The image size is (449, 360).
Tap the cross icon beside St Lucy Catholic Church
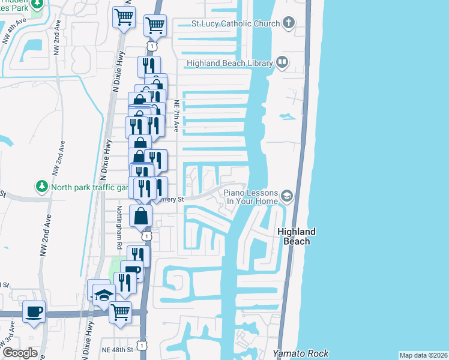click(x=289, y=24)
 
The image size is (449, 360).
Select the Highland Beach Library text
click(x=229, y=63)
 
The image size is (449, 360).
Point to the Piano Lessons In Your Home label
click(x=251, y=197)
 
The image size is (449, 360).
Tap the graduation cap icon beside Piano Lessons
click(x=287, y=196)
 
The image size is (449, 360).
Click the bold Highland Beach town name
click(x=297, y=236)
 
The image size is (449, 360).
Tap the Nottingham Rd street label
click(x=119, y=228)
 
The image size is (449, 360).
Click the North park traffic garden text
click(x=90, y=187)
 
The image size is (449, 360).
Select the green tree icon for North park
click(x=42, y=187)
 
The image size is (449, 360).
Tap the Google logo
click(x=20, y=352)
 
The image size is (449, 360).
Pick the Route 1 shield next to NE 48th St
click(x=141, y=345)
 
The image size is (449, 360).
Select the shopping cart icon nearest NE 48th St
click(x=120, y=311)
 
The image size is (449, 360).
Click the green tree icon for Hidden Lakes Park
click(x=37, y=4)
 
